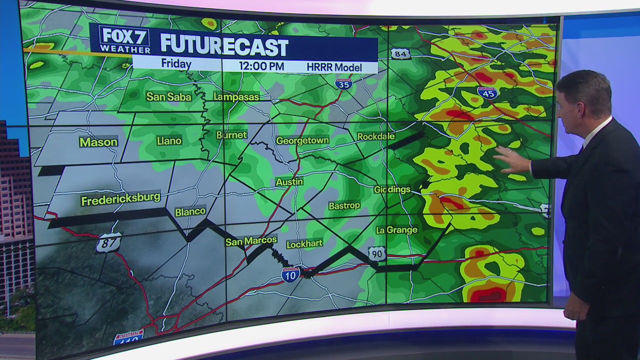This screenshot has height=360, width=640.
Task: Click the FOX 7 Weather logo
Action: point(125,40)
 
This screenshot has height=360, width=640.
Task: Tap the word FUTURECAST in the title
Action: point(224,46)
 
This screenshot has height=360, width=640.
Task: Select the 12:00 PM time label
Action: point(261,66)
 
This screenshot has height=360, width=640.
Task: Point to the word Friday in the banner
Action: point(176,64)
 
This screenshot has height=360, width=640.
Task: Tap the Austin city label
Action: point(289,182)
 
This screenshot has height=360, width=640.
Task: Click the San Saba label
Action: point(168,96)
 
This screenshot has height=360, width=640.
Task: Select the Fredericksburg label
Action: point(120,199)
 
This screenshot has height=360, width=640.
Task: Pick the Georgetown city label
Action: point(302,140)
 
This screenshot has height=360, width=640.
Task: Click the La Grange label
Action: point(396,230)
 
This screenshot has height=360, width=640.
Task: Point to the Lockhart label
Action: point(304,244)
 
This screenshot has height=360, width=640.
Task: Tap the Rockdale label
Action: point(376,136)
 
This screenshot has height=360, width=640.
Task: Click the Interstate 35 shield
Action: point(343,83)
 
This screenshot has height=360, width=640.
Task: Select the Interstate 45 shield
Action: point(486,92)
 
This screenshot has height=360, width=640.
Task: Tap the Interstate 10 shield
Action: point(290,274)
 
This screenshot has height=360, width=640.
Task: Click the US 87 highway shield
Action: point(109,242)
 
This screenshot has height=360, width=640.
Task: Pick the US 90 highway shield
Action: point(377,253)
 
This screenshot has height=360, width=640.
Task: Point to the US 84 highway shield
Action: point(401,53)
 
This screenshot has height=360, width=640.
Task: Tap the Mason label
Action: point(98,142)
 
